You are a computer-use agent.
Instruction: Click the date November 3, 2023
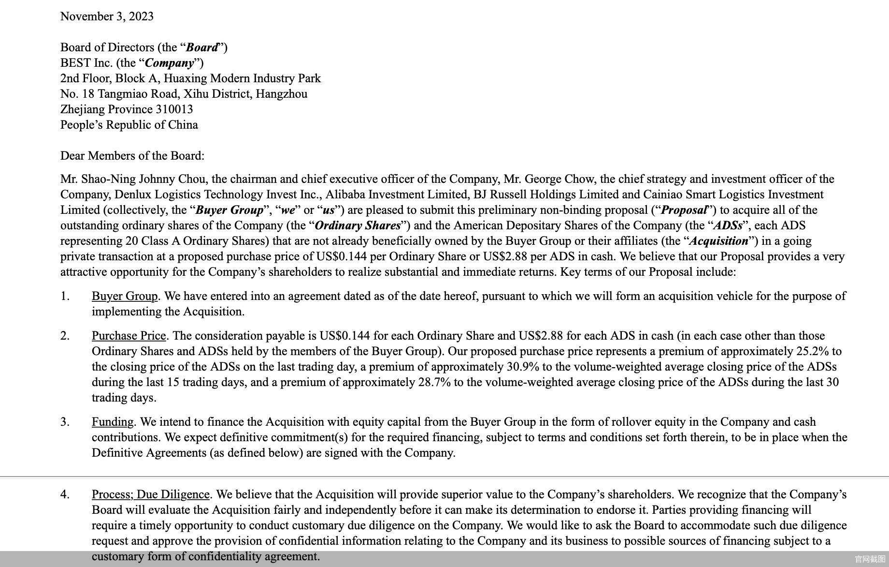[x=107, y=16]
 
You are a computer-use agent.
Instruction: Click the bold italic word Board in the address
[x=202, y=47]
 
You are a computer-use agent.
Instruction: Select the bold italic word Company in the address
[x=170, y=63]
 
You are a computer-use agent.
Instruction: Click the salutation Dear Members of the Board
[x=132, y=156]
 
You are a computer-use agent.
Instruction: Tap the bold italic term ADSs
[x=728, y=225]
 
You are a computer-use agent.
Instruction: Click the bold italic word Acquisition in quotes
[x=719, y=241]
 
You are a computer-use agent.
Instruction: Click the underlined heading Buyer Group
[x=125, y=296]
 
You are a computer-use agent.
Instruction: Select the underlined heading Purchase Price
[x=129, y=336]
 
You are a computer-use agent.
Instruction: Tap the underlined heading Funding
[x=113, y=422]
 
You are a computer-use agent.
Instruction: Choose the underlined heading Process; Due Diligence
[x=151, y=494]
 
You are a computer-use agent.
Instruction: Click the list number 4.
[x=65, y=494]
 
